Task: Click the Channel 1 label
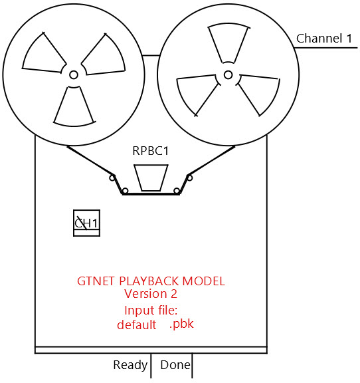(324, 39)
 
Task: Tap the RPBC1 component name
(150, 151)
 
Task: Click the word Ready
(130, 366)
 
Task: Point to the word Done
(175, 365)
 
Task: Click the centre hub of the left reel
(74, 74)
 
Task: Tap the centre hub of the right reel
(228, 74)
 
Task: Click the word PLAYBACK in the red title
(149, 281)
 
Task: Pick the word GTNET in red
(96, 281)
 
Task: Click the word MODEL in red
(203, 281)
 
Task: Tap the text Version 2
(151, 294)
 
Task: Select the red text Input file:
(151, 311)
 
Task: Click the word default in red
(137, 325)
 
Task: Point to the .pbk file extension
(181, 324)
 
